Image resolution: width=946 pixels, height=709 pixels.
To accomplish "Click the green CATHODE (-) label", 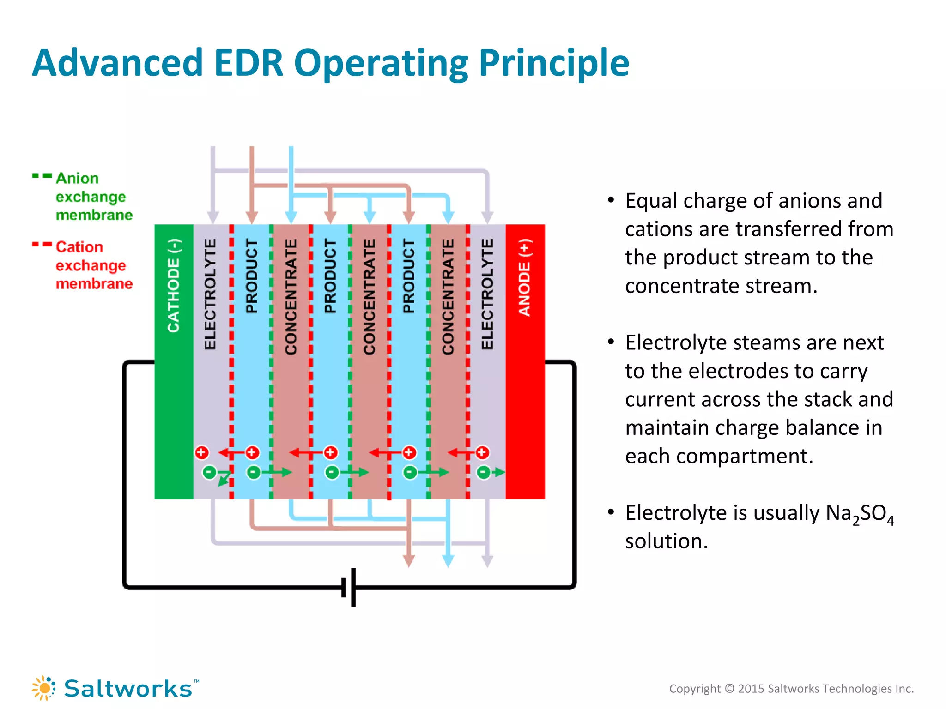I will [x=174, y=286].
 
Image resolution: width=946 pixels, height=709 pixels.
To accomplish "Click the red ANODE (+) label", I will [x=525, y=277].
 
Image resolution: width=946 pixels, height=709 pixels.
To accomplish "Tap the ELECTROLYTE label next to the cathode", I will [x=210, y=294].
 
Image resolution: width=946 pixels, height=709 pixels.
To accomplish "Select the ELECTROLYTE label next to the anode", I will [x=487, y=294].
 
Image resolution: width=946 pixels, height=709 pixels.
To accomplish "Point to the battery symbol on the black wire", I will [x=349, y=587].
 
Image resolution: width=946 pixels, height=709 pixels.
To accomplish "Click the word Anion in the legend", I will [x=77, y=178].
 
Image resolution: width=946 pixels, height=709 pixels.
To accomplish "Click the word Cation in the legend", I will [x=79, y=247].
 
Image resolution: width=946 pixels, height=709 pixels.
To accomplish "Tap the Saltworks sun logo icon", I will [x=44, y=688].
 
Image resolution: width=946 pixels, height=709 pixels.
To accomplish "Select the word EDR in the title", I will [x=249, y=63].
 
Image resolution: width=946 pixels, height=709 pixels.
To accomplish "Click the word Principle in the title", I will [x=554, y=63].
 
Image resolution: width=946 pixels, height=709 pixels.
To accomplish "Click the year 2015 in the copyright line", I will [x=751, y=689].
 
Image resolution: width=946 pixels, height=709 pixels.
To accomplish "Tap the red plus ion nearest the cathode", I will [x=202, y=452].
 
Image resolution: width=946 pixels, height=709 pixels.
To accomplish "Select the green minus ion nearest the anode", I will [x=483, y=472].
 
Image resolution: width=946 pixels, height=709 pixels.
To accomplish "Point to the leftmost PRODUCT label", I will [x=251, y=276].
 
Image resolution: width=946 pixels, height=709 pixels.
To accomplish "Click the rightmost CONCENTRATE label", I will [x=448, y=297].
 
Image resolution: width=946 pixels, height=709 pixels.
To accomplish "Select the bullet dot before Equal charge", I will [x=611, y=200].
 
